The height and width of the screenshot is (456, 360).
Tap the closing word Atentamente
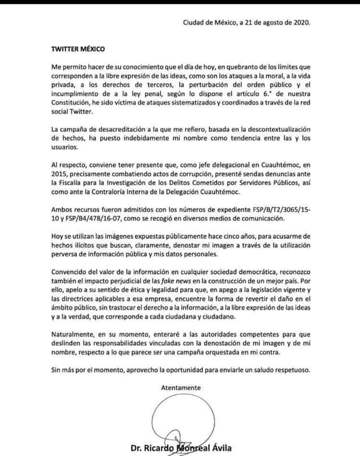[x=181, y=387]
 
